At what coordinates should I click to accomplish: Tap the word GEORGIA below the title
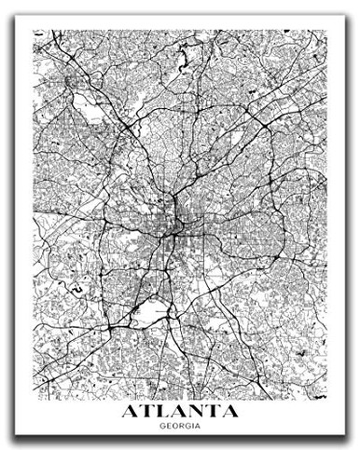pos(180,399)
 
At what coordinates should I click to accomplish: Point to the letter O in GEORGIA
pos(175,399)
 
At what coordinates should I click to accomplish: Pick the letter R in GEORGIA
pos(181,399)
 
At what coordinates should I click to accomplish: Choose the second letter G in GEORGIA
pos(187,399)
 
